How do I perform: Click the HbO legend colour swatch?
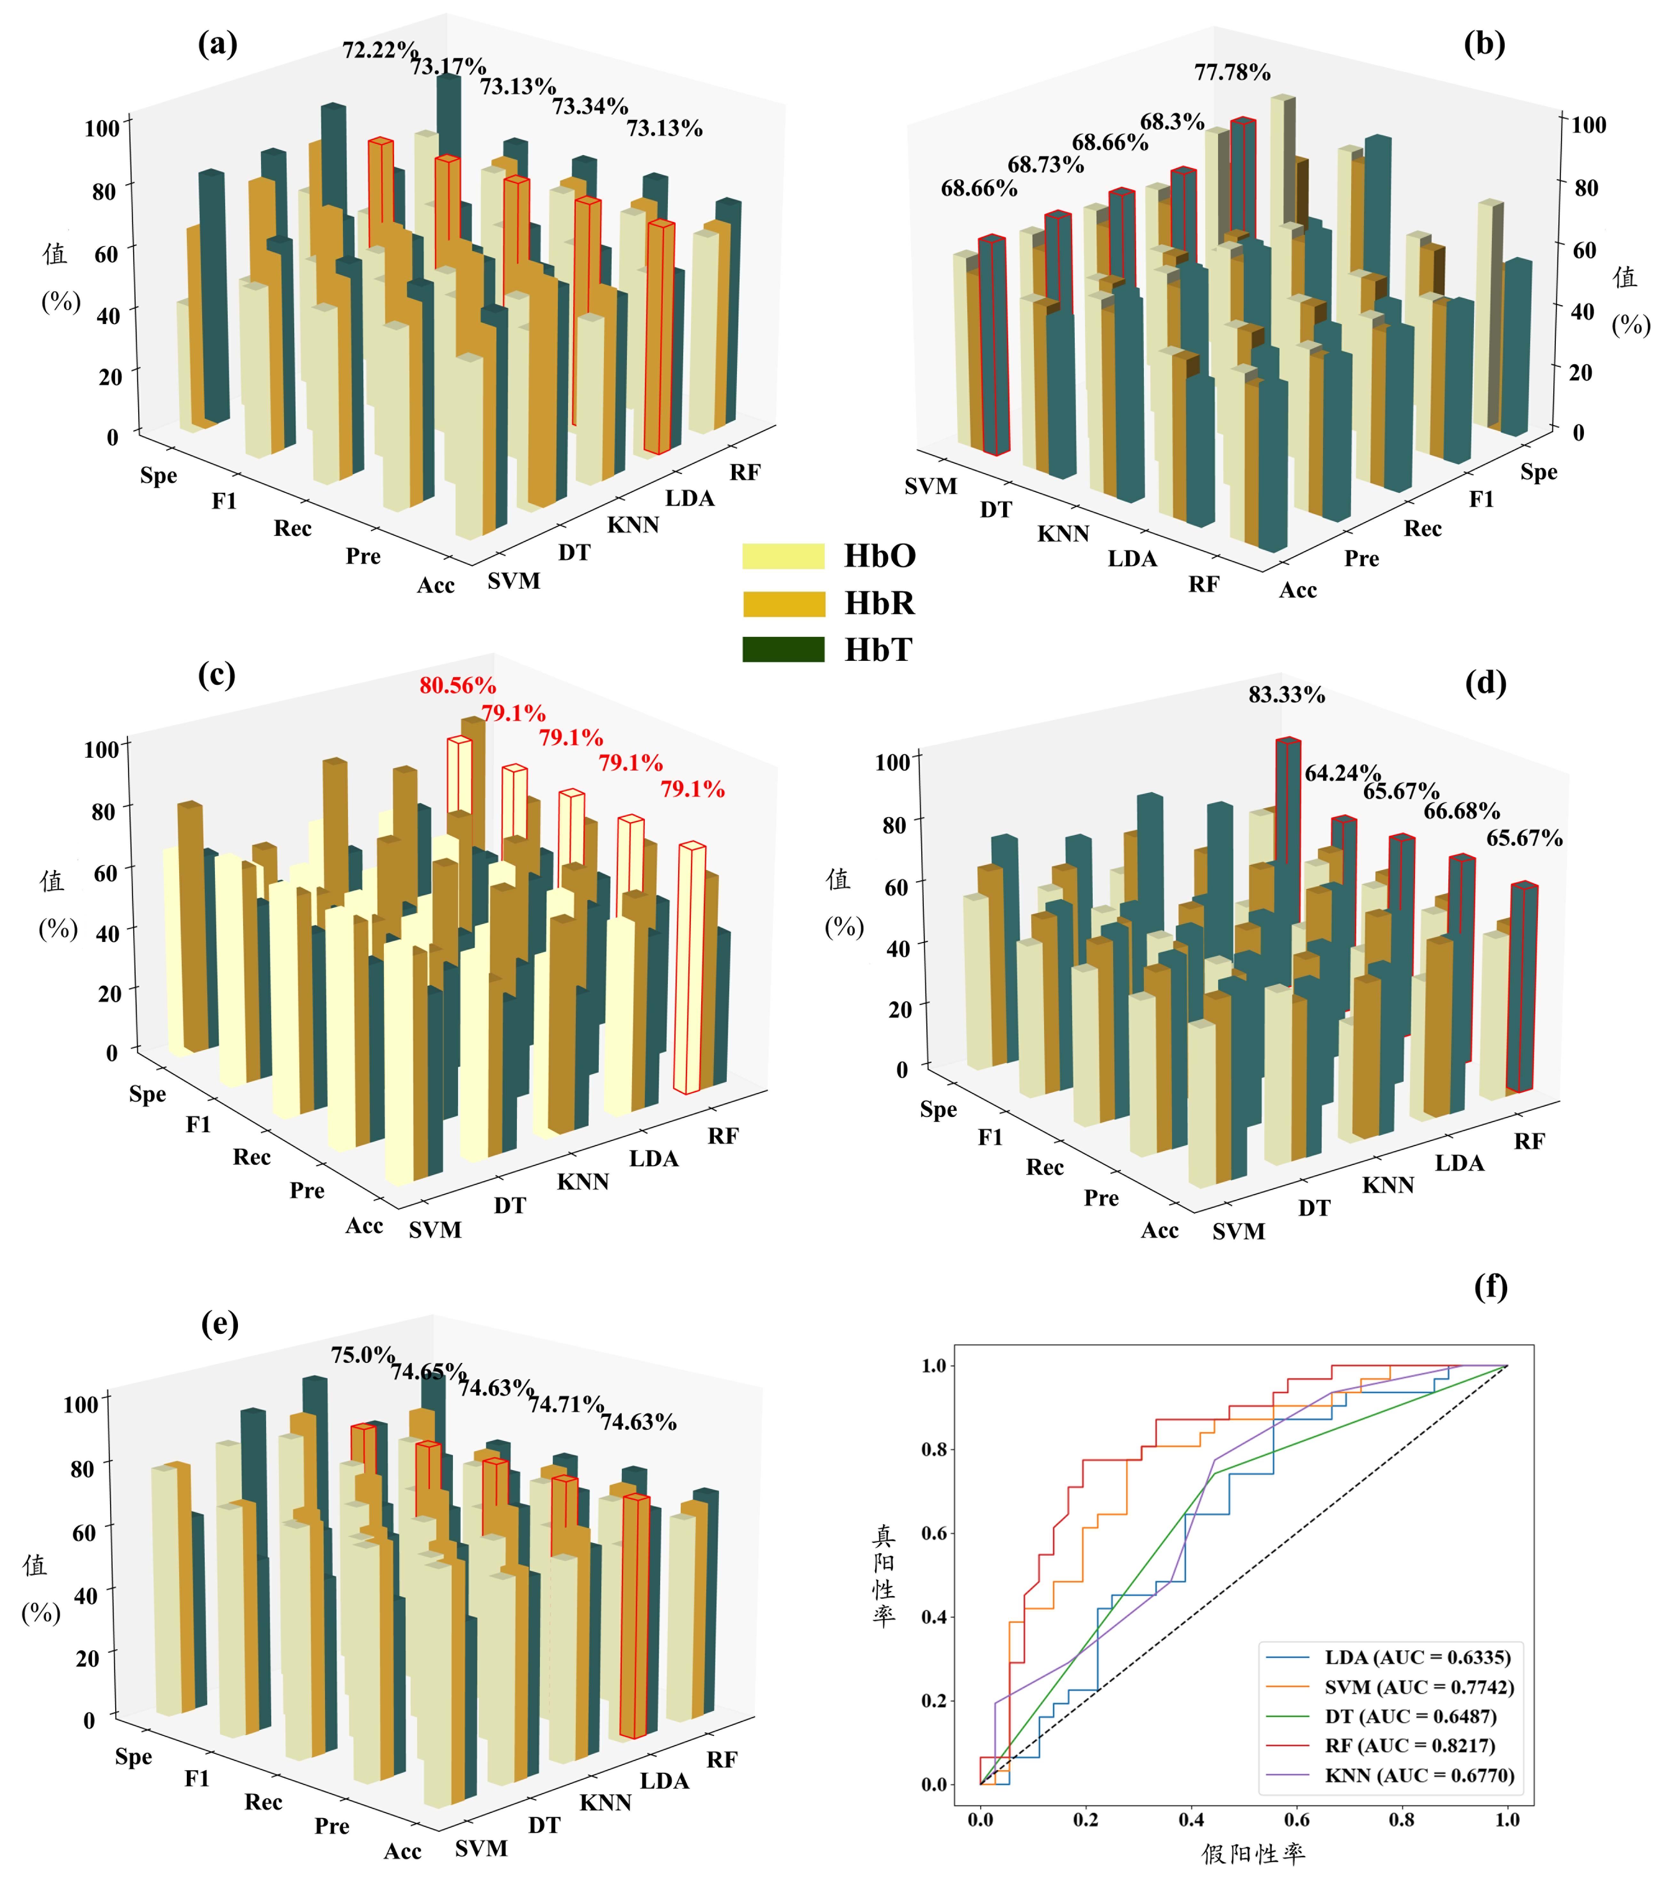tap(783, 556)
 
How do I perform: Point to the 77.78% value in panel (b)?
tap(1231, 72)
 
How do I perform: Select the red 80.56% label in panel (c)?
tap(457, 685)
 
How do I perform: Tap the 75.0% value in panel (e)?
tap(362, 1354)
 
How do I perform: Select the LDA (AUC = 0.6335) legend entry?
tap(1417, 1656)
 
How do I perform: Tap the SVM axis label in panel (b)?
tap(930, 486)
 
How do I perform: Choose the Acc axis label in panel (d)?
tap(1160, 1231)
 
